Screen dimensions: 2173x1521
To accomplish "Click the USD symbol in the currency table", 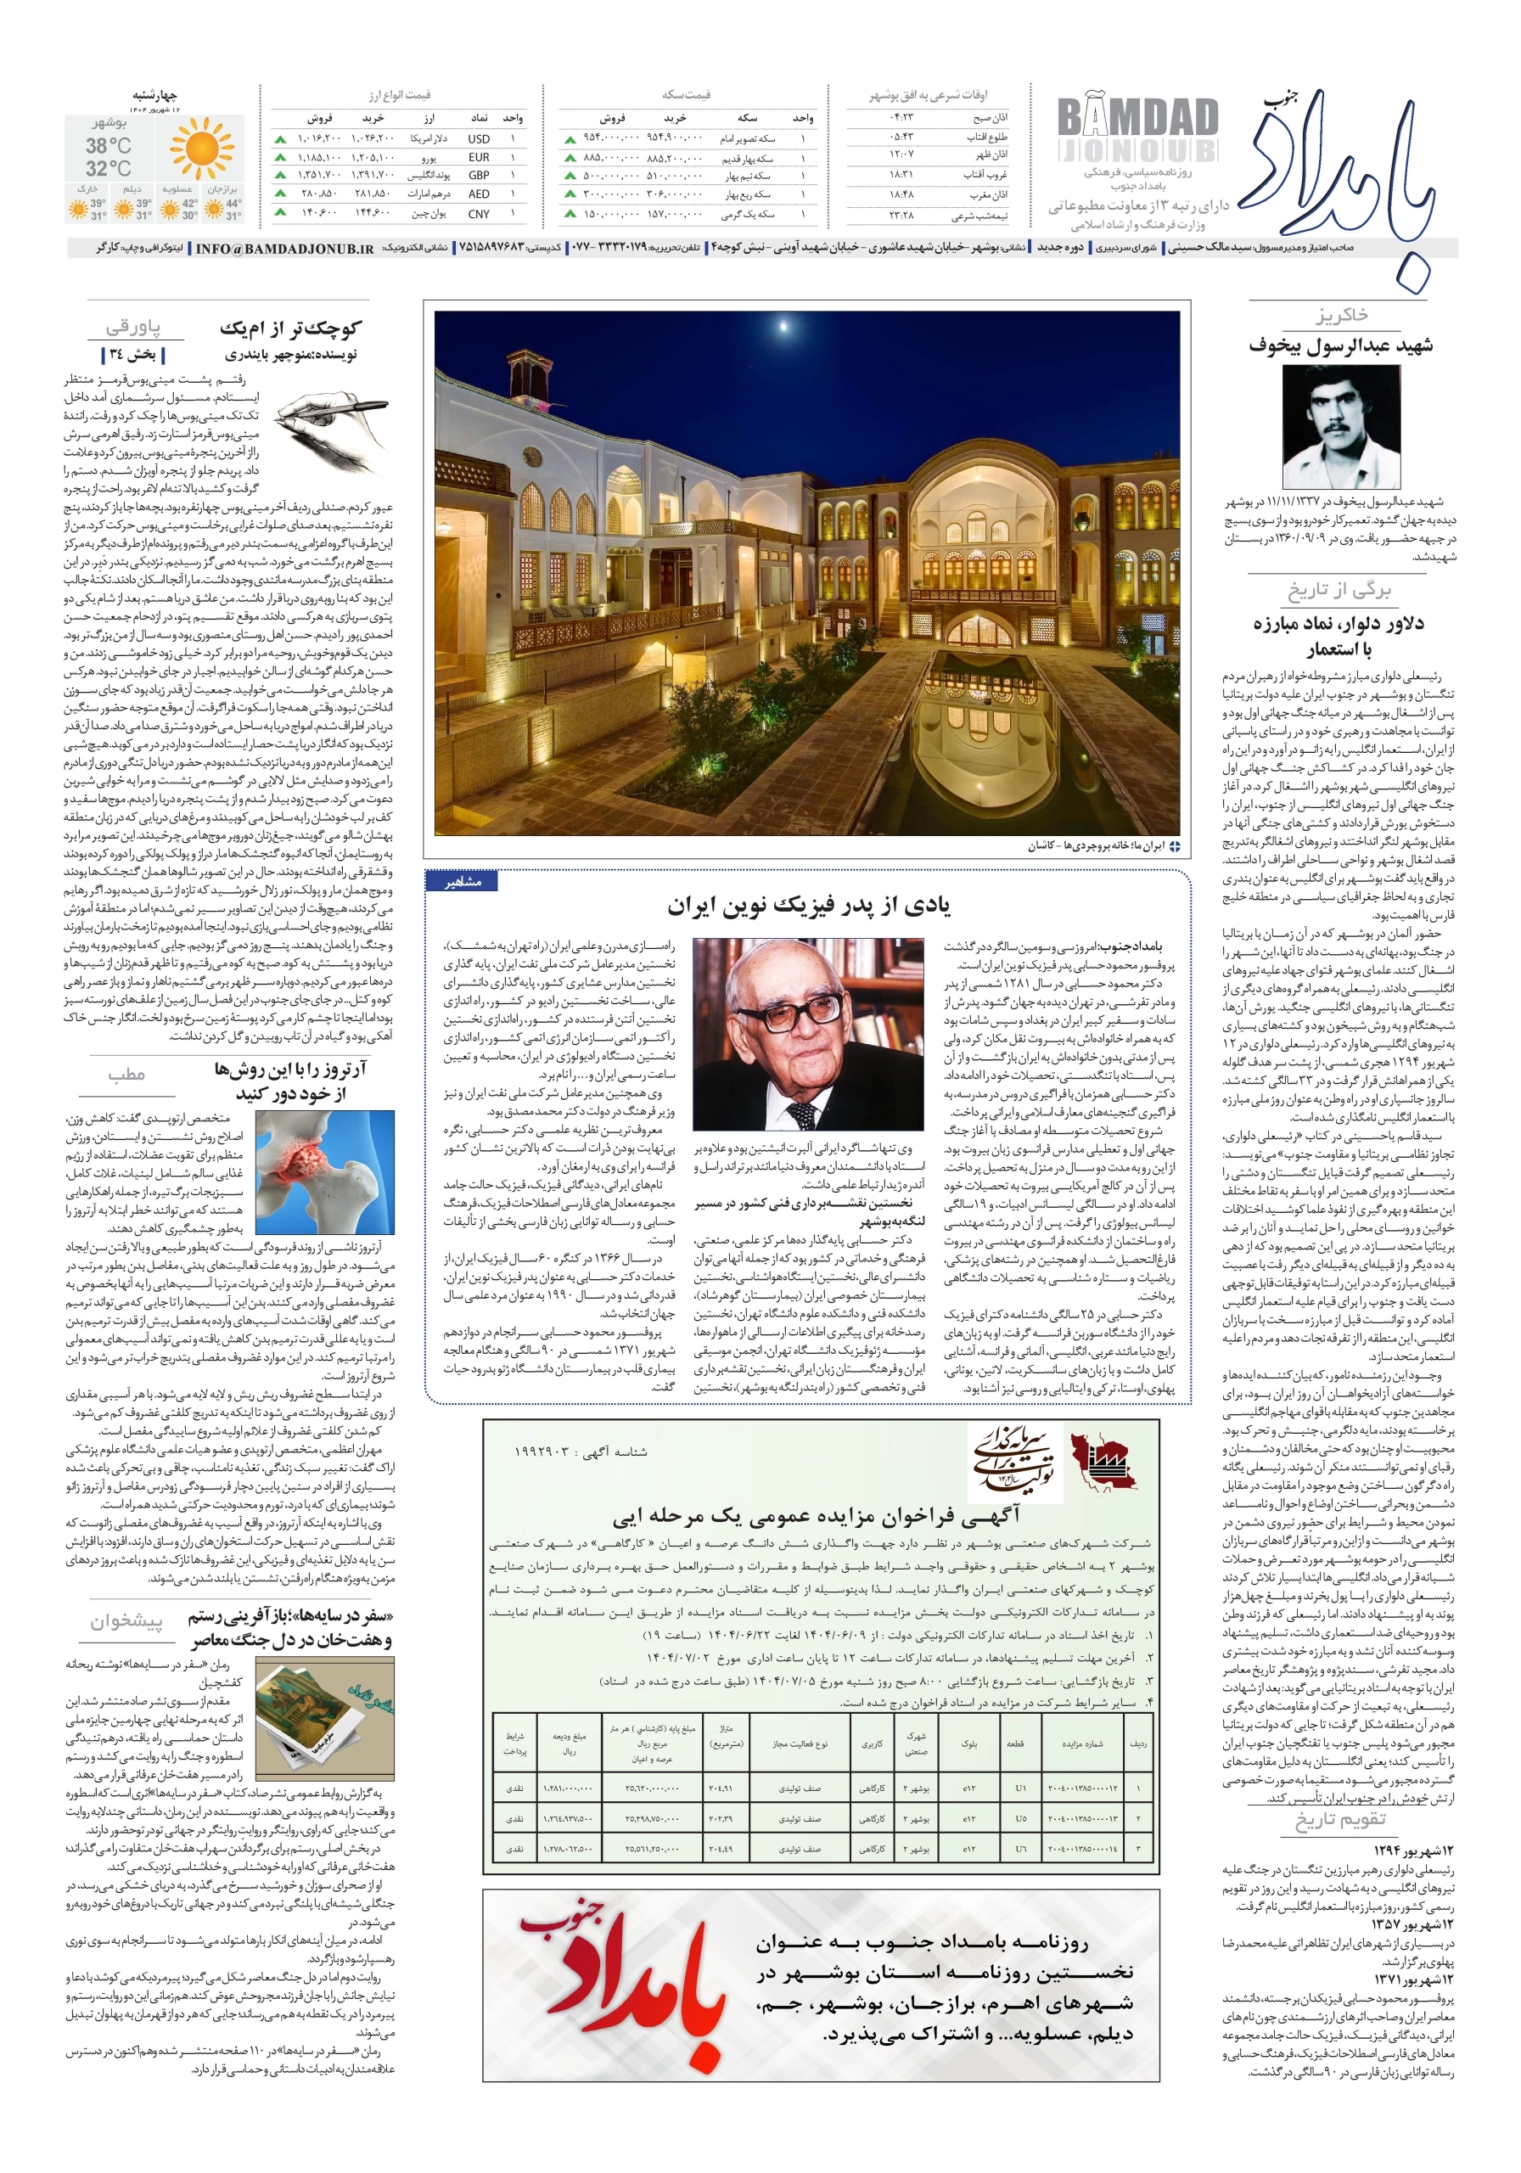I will pyautogui.click(x=479, y=139).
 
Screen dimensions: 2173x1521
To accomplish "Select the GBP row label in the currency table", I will pyautogui.click(x=479, y=175).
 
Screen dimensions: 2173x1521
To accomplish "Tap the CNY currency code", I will pyautogui.click(x=479, y=214).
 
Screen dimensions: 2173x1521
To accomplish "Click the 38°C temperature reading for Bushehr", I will pyautogui.click(x=108, y=146).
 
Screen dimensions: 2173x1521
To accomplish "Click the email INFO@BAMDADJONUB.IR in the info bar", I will pyautogui.click(x=284, y=249).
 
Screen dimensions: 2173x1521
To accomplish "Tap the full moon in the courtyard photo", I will pyautogui.click(x=783, y=328).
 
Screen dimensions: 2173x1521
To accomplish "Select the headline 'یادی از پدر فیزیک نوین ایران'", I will pyautogui.click(x=808, y=906).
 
